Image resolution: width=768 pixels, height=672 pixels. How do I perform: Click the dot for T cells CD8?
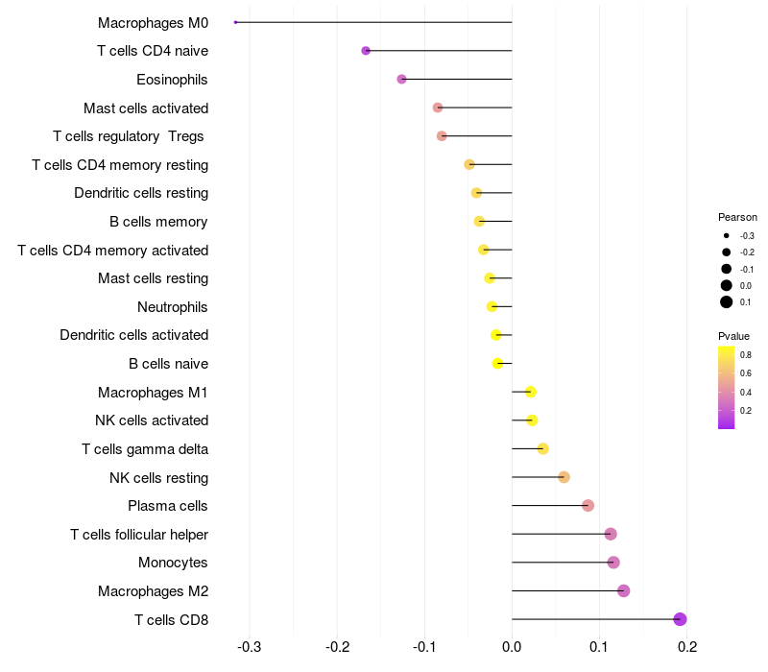point(681,619)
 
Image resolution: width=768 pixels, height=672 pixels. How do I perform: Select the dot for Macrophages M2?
point(623,590)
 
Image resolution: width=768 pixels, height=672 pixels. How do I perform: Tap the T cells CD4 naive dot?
point(366,51)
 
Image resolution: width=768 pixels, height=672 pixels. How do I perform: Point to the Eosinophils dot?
point(401,79)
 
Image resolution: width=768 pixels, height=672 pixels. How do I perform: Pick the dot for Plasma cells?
point(588,506)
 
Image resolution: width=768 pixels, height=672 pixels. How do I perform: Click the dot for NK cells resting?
point(564,477)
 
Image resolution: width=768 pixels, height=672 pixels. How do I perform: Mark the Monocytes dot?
point(613,563)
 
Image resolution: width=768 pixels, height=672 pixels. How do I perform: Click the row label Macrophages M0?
point(153,22)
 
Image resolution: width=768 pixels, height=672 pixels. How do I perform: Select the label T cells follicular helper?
point(139,534)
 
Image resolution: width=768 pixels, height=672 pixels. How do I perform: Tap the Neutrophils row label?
point(173,307)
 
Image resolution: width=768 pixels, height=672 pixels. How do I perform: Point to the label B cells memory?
point(158,222)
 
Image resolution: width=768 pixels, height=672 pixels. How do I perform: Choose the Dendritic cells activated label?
point(133,335)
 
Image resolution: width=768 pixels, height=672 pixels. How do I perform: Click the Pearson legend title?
point(737,217)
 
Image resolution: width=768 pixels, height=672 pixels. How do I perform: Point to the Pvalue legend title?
point(733,336)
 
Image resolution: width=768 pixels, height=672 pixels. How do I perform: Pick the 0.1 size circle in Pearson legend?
point(727,302)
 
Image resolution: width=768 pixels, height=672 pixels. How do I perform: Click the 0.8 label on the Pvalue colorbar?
point(745,354)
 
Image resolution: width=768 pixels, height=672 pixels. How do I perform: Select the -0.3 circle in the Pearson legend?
point(727,236)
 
